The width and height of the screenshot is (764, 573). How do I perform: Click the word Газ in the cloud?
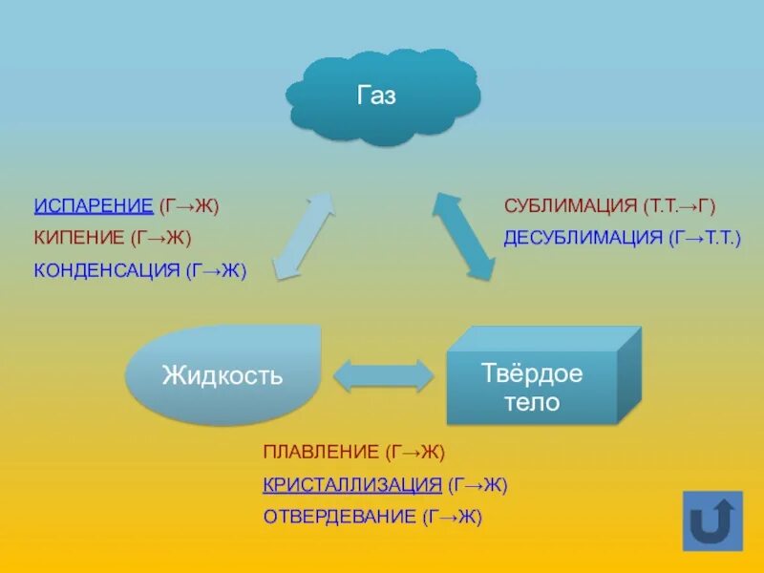[x=376, y=96]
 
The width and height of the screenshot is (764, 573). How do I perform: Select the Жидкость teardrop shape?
[x=222, y=375]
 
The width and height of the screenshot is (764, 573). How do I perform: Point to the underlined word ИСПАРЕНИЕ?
[x=94, y=205]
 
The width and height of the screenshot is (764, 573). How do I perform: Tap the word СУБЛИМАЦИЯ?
[x=570, y=205]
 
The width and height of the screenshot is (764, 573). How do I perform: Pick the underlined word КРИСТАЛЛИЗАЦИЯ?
[x=351, y=484]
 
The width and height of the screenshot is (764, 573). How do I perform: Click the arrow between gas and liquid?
[x=304, y=234]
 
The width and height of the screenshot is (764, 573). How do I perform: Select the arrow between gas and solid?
[x=464, y=234]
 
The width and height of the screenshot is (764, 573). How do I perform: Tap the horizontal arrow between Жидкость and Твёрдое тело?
[x=382, y=374]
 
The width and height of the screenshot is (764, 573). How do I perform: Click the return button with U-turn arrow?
[x=712, y=520]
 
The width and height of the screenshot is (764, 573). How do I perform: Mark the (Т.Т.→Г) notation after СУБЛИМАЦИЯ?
[x=679, y=205]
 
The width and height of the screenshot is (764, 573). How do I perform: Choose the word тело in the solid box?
[x=532, y=402]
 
